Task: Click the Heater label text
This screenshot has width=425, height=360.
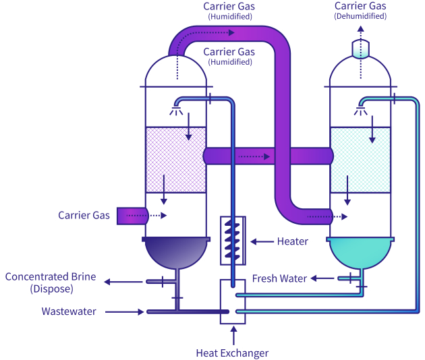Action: tap(292, 241)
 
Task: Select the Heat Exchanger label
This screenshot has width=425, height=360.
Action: tap(232, 353)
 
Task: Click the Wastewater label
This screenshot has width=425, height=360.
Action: tap(67, 311)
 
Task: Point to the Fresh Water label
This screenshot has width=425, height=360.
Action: tap(279, 278)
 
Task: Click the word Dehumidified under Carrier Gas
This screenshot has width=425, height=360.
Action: tap(360, 16)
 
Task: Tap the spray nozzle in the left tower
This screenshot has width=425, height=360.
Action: tap(178, 107)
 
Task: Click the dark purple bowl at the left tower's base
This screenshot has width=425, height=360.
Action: tap(176, 253)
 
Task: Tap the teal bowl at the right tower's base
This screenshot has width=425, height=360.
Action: tap(360, 253)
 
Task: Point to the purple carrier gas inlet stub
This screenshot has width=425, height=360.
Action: tap(129, 216)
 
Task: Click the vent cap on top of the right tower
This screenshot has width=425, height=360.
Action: tap(361, 49)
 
